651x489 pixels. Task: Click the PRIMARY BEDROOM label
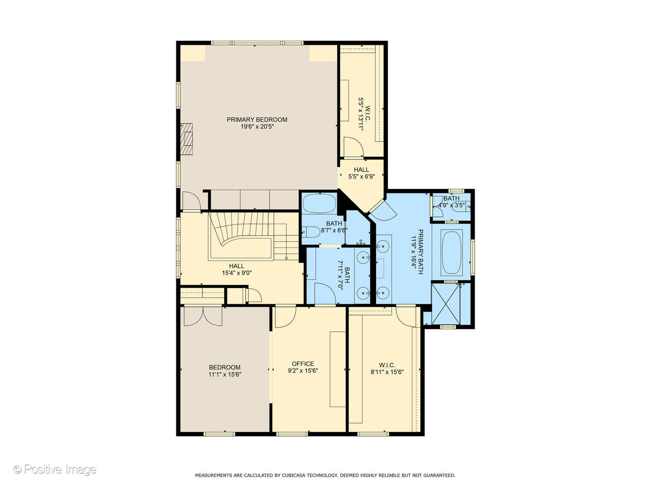click(257, 120)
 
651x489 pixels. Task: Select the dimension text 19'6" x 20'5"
click(257, 127)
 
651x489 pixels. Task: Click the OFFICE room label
click(303, 364)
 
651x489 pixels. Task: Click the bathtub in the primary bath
click(451, 253)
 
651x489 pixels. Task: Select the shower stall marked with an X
click(445, 303)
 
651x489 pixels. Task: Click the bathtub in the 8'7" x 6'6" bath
click(319, 203)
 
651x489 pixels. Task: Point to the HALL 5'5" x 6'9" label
click(361, 173)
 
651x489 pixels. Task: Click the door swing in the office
click(284, 316)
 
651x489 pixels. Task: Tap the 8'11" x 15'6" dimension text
click(387, 372)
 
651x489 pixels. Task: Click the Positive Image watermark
click(55, 470)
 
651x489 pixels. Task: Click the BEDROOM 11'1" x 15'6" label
click(225, 371)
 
